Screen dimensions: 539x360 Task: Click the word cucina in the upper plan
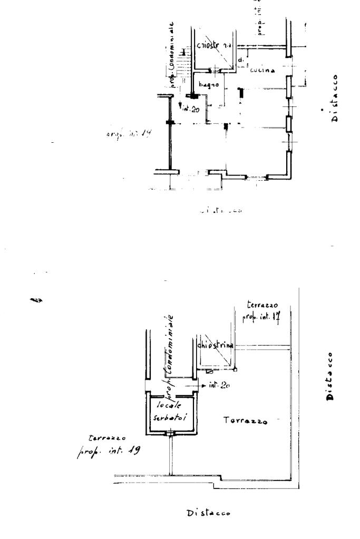pos(262,71)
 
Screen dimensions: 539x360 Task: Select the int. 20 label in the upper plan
pos(191,110)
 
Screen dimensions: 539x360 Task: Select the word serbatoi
pos(170,416)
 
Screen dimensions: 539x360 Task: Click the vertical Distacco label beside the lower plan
pos(330,376)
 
